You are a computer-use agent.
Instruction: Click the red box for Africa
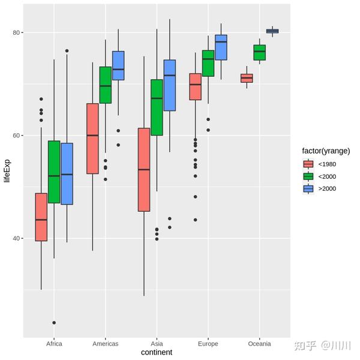point(41,217)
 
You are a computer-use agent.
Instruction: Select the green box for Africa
point(54,172)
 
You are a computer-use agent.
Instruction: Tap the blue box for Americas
point(118,65)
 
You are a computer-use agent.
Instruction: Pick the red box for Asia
point(144,169)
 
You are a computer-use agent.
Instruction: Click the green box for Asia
point(157,107)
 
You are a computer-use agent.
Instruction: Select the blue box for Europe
point(221,47)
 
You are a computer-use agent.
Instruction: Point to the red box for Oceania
point(247,78)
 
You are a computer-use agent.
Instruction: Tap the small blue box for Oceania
point(272,31)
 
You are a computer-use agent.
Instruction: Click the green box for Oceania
point(259,53)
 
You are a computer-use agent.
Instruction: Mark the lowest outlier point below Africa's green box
point(54,323)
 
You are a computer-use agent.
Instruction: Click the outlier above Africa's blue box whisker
point(67,51)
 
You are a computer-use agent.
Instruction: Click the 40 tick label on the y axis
point(17,238)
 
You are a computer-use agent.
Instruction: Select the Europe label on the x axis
point(208,344)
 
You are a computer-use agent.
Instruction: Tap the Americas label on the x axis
point(106,344)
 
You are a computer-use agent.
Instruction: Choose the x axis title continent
point(157,353)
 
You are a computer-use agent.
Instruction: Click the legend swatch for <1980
point(308,164)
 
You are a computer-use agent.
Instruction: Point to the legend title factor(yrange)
point(326,151)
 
